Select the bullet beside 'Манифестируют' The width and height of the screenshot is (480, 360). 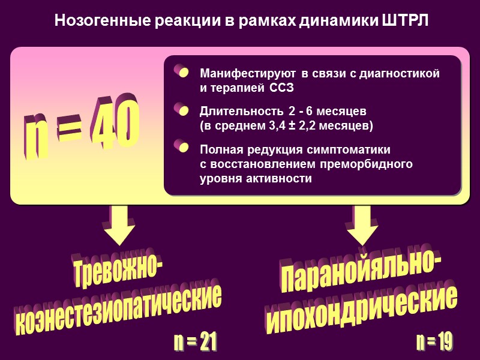tap(181, 73)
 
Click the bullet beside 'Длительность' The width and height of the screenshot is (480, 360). tap(181, 111)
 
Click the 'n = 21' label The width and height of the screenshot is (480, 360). tap(195, 343)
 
